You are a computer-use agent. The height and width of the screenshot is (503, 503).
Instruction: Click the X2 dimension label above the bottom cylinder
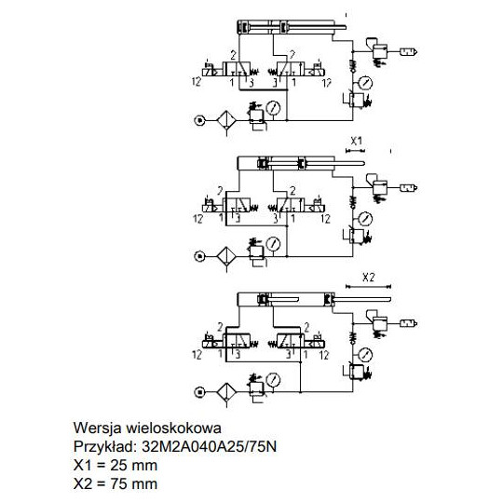click(367, 277)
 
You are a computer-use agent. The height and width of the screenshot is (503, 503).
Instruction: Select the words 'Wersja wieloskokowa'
click(146, 428)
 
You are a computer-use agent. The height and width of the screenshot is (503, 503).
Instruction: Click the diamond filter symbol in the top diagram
click(224, 120)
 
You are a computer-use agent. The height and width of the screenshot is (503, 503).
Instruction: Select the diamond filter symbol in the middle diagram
click(224, 255)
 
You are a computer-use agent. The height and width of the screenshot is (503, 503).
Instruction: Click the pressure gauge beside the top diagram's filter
click(272, 106)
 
